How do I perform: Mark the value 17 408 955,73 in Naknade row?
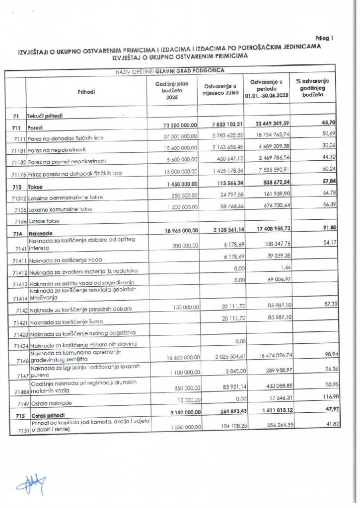pyautogui.click(x=270, y=230)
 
